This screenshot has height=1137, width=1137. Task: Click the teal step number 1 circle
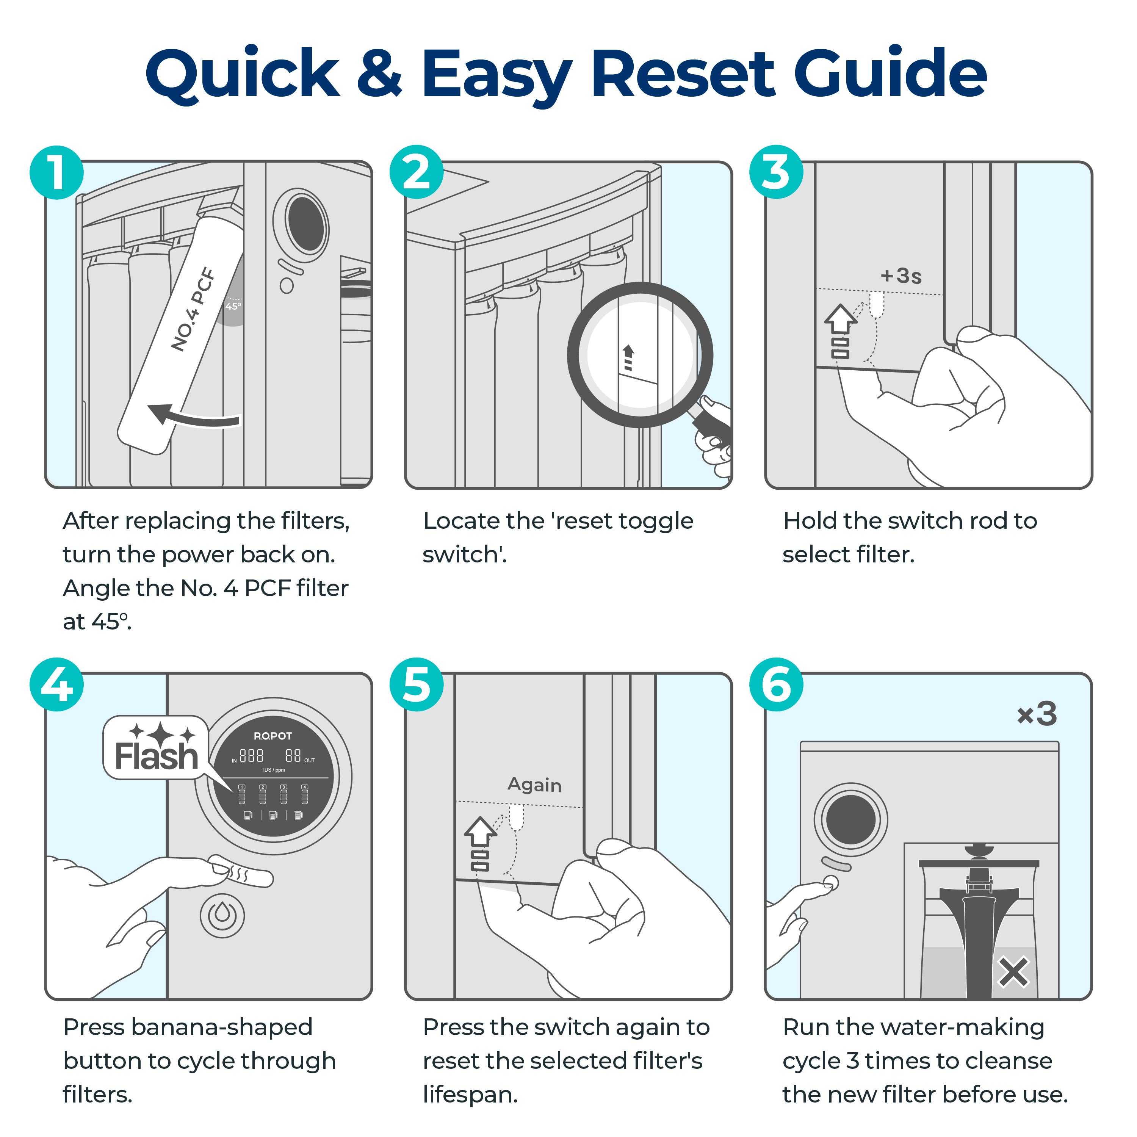pos(56,172)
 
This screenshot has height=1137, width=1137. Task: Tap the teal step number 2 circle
pos(417,172)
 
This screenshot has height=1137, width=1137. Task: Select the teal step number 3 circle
pos(776,172)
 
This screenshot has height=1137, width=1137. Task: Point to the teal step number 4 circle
pos(56,684)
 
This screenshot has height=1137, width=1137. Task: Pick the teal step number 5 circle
pos(417,684)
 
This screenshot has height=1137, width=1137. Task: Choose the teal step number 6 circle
pos(776,684)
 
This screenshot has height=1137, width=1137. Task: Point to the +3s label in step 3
pos(901,276)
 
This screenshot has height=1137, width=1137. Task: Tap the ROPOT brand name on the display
pos(273,736)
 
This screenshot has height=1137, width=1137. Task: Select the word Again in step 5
pos(534,785)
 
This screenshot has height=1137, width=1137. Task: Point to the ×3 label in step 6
pos(1037,714)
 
